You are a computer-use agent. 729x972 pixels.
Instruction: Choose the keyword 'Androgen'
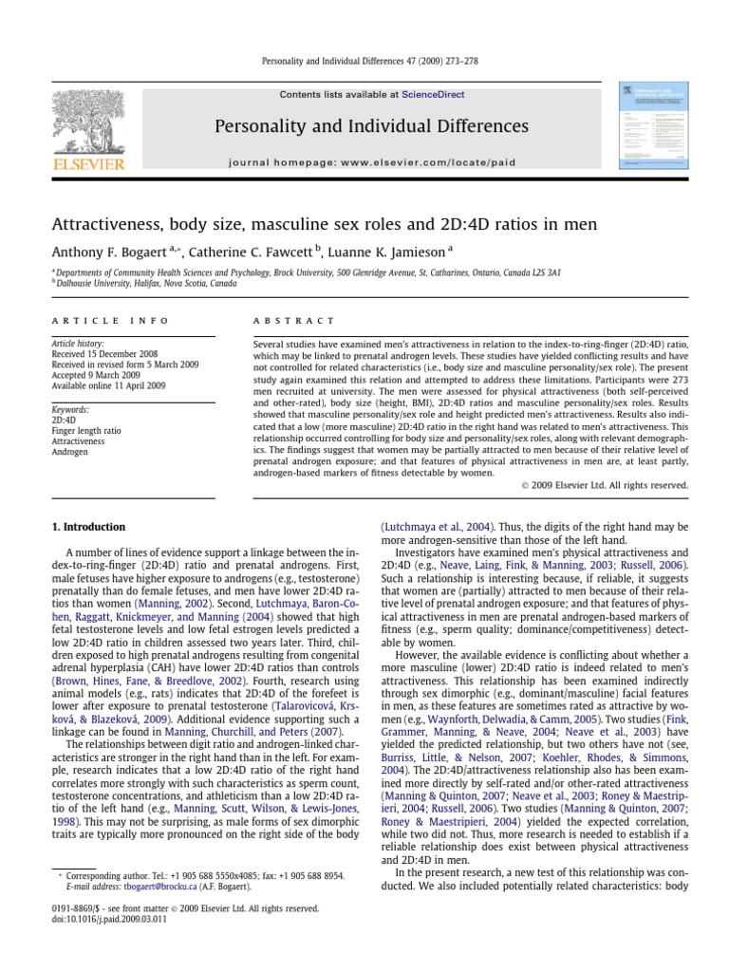point(68,452)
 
